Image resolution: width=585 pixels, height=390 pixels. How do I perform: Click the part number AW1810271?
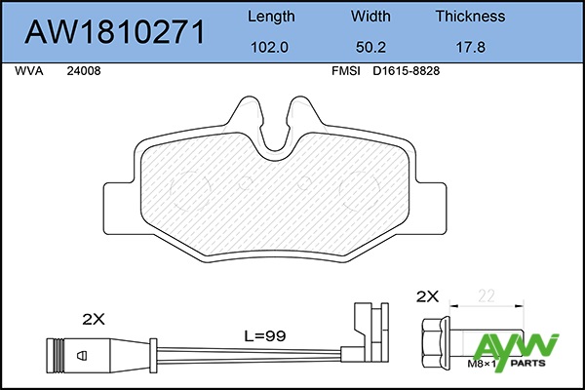tap(114, 32)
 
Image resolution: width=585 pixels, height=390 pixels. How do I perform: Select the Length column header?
tap(271, 17)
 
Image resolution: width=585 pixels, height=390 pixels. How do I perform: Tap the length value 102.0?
tap(269, 48)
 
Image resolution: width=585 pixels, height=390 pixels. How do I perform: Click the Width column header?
tap(370, 17)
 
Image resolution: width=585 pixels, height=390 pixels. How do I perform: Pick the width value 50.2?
tap(370, 48)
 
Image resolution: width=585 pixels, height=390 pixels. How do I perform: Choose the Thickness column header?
tap(471, 17)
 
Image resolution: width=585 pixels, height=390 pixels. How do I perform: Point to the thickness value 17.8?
tap(471, 48)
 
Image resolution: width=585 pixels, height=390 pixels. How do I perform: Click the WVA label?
tap(29, 71)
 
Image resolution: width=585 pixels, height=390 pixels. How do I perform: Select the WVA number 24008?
tap(84, 71)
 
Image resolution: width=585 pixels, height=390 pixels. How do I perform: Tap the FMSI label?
tap(346, 71)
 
